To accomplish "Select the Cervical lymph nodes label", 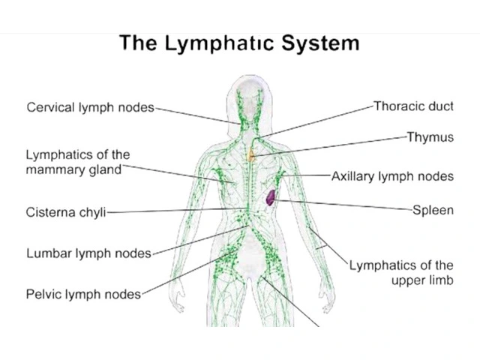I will (x=90, y=106).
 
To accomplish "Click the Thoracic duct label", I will (x=413, y=106).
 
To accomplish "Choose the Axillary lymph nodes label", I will (x=392, y=177).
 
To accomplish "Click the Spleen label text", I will (x=433, y=210).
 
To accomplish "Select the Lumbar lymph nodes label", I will (x=88, y=253).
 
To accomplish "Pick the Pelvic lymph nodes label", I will (x=83, y=294).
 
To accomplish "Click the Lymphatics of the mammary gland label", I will (x=78, y=162).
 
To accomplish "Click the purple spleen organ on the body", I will (x=271, y=197).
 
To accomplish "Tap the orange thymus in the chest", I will (x=253, y=156).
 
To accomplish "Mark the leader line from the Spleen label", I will (x=345, y=205).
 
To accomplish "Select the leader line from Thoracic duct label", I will (x=322, y=118).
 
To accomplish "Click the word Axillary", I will (x=355, y=177).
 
